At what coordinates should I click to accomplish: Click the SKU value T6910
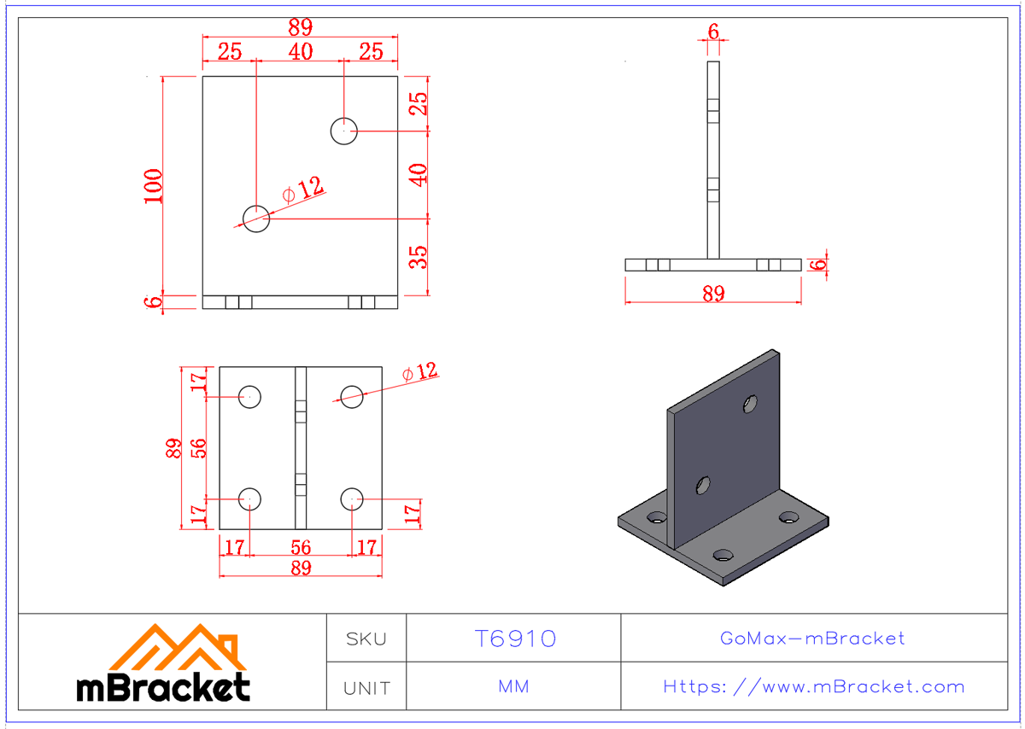514,639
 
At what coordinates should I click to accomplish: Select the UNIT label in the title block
366,687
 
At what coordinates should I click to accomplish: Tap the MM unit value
513,687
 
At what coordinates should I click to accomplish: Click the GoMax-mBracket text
813,639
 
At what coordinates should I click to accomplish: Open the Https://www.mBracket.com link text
813,687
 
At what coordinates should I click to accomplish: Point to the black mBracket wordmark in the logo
163,687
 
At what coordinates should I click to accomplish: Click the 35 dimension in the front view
418,257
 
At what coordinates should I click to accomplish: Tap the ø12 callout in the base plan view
419,373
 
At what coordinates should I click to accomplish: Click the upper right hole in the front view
343,131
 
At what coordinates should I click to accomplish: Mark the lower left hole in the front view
256,219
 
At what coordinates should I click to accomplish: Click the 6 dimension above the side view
713,32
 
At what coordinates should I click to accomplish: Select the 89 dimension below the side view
713,294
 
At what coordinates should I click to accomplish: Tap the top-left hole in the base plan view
249,397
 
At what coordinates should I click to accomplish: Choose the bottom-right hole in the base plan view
352,499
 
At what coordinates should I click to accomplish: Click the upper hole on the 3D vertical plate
751,402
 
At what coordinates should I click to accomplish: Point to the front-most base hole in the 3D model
723,554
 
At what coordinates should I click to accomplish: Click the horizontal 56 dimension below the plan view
301,547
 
